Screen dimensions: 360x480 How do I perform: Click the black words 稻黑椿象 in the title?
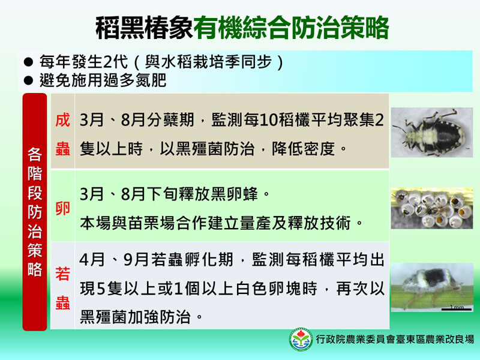pyautogui.click(x=144, y=27)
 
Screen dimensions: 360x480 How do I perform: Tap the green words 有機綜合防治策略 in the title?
pyautogui.click(x=291, y=27)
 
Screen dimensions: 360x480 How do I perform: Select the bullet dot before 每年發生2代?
pyautogui.click(x=28, y=62)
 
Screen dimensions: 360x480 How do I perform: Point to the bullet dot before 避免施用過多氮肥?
pyautogui.click(x=28, y=80)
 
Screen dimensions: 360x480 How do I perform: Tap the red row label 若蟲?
pyautogui.click(x=63, y=289)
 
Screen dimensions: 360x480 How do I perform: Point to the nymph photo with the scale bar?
pyautogui.click(x=431, y=287)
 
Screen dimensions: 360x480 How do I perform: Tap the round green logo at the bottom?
pyautogui.click(x=301, y=340)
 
